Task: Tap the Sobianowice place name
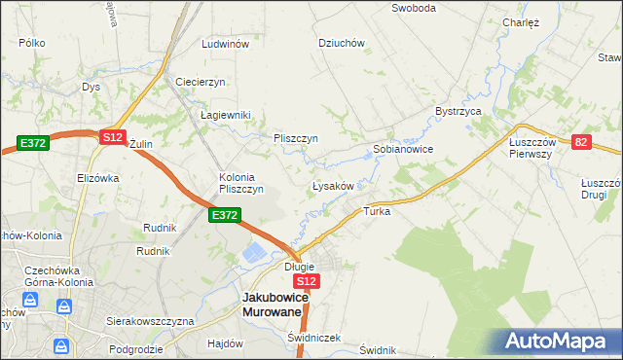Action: (403, 150)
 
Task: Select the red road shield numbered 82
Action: (581, 142)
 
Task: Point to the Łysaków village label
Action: (338, 185)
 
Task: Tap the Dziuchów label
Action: (342, 43)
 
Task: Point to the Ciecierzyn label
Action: (201, 82)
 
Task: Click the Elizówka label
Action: (97, 178)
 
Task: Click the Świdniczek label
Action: (314, 338)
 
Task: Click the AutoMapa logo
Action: (559, 341)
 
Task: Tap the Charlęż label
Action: (521, 22)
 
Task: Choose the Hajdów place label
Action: (225, 343)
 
